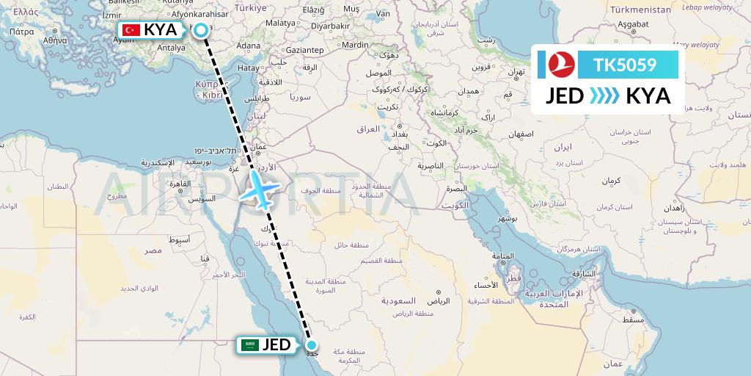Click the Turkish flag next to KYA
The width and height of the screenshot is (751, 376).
tap(131, 30)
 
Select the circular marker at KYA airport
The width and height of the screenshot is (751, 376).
tap(200, 30)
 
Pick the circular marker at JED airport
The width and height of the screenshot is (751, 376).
tap(312, 345)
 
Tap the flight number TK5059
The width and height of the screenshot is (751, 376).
tap(625, 65)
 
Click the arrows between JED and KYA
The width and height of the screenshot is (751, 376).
tap(605, 96)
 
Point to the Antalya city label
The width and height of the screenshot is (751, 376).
tap(172, 48)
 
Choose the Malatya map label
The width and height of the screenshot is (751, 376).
tap(279, 23)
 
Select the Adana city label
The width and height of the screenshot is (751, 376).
tap(249, 46)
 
